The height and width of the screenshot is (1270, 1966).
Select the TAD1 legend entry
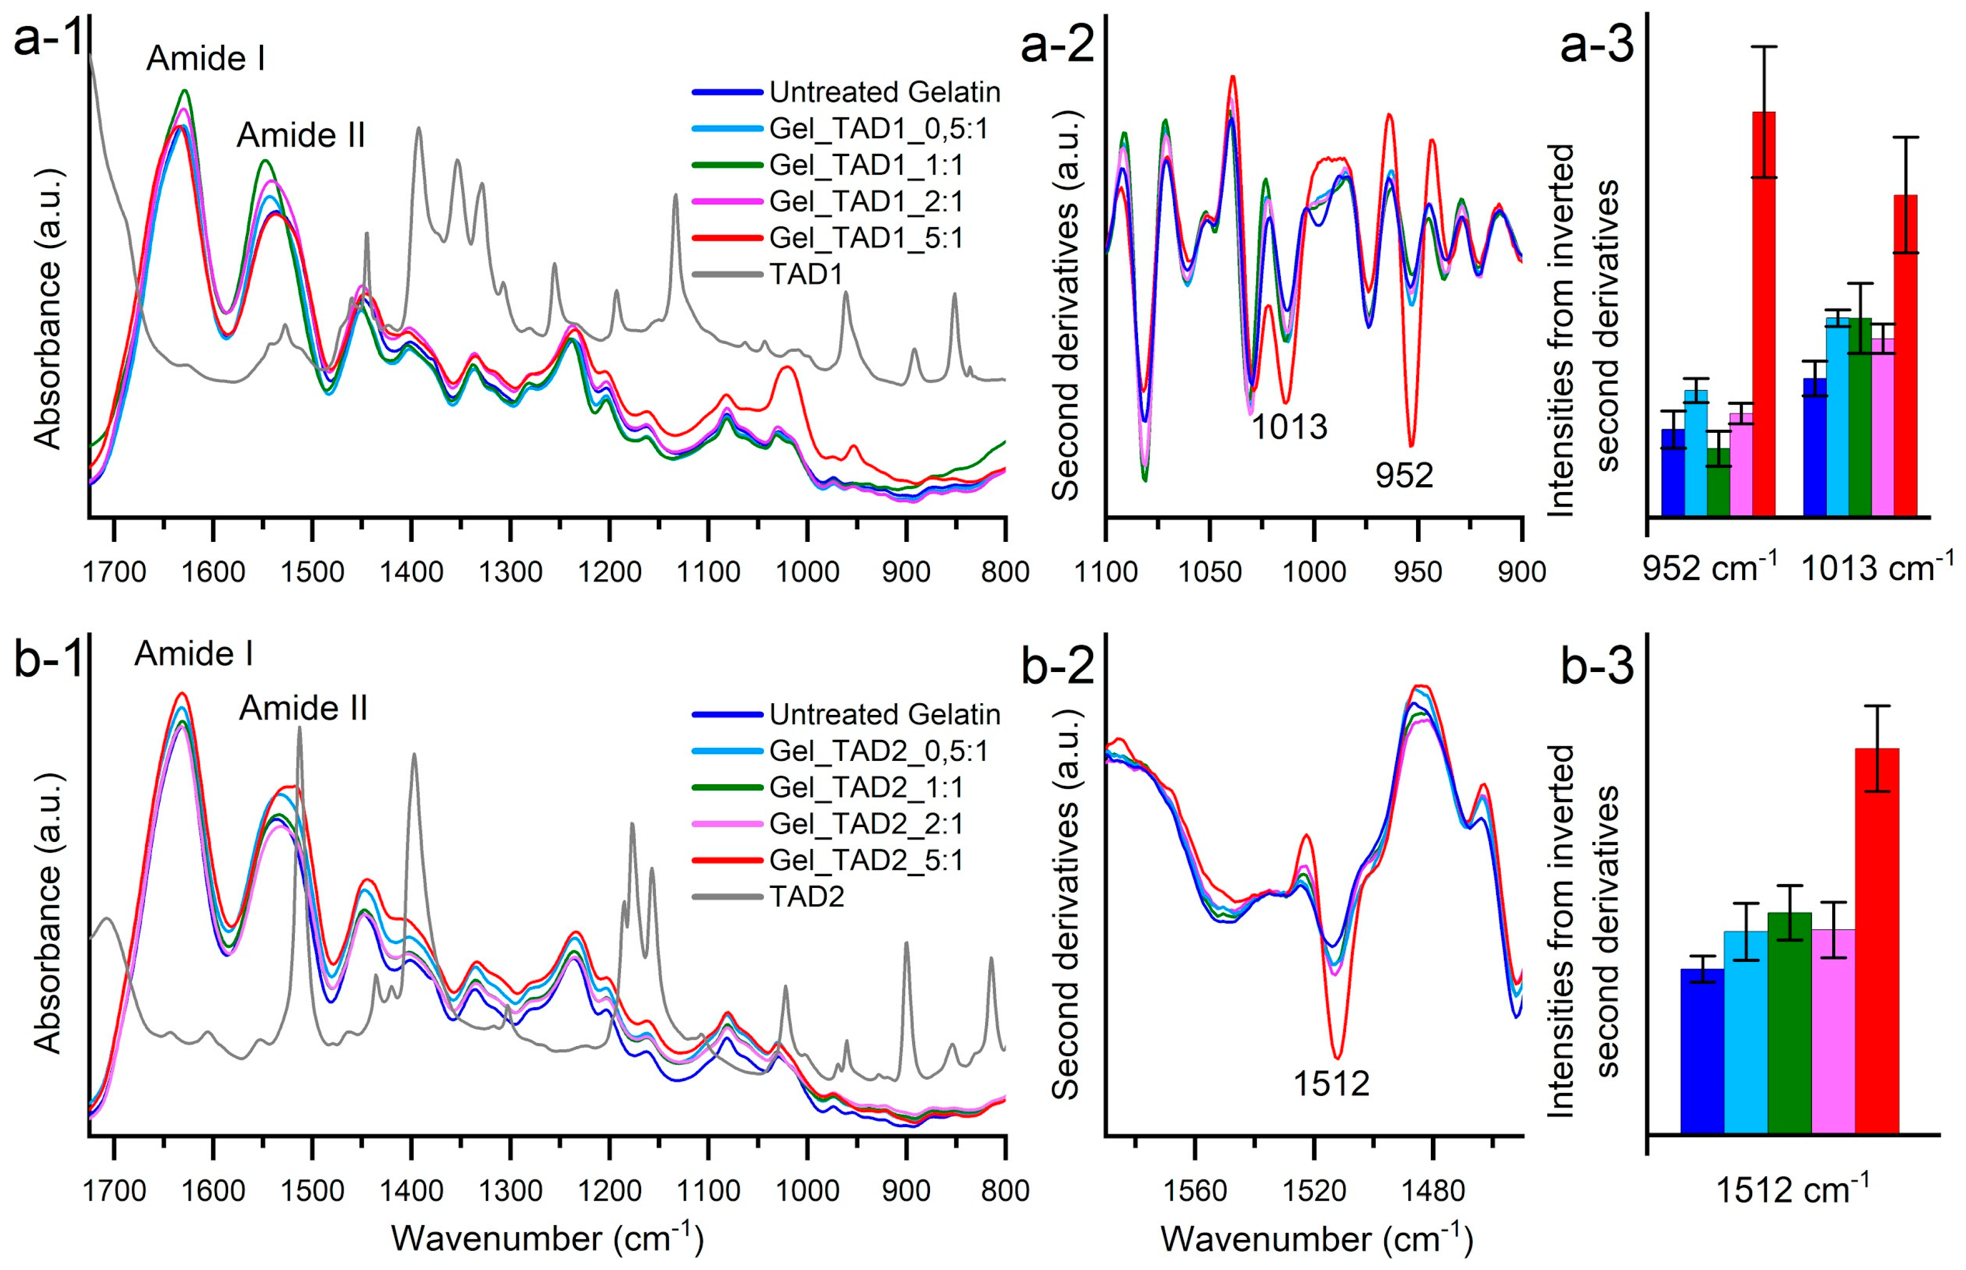(x=806, y=274)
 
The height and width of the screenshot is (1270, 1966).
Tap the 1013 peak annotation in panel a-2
(x=1289, y=427)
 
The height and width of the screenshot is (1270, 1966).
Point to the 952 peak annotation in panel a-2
(x=1404, y=476)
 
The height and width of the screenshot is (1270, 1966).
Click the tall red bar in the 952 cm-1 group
(x=1764, y=313)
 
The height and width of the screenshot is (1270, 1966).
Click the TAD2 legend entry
(x=806, y=896)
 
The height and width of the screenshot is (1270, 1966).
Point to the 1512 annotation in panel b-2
(x=1331, y=1083)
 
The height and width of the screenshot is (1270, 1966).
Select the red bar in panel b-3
(x=1877, y=940)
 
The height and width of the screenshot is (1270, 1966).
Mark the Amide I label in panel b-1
(x=193, y=654)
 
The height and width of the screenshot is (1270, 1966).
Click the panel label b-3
(x=1597, y=666)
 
